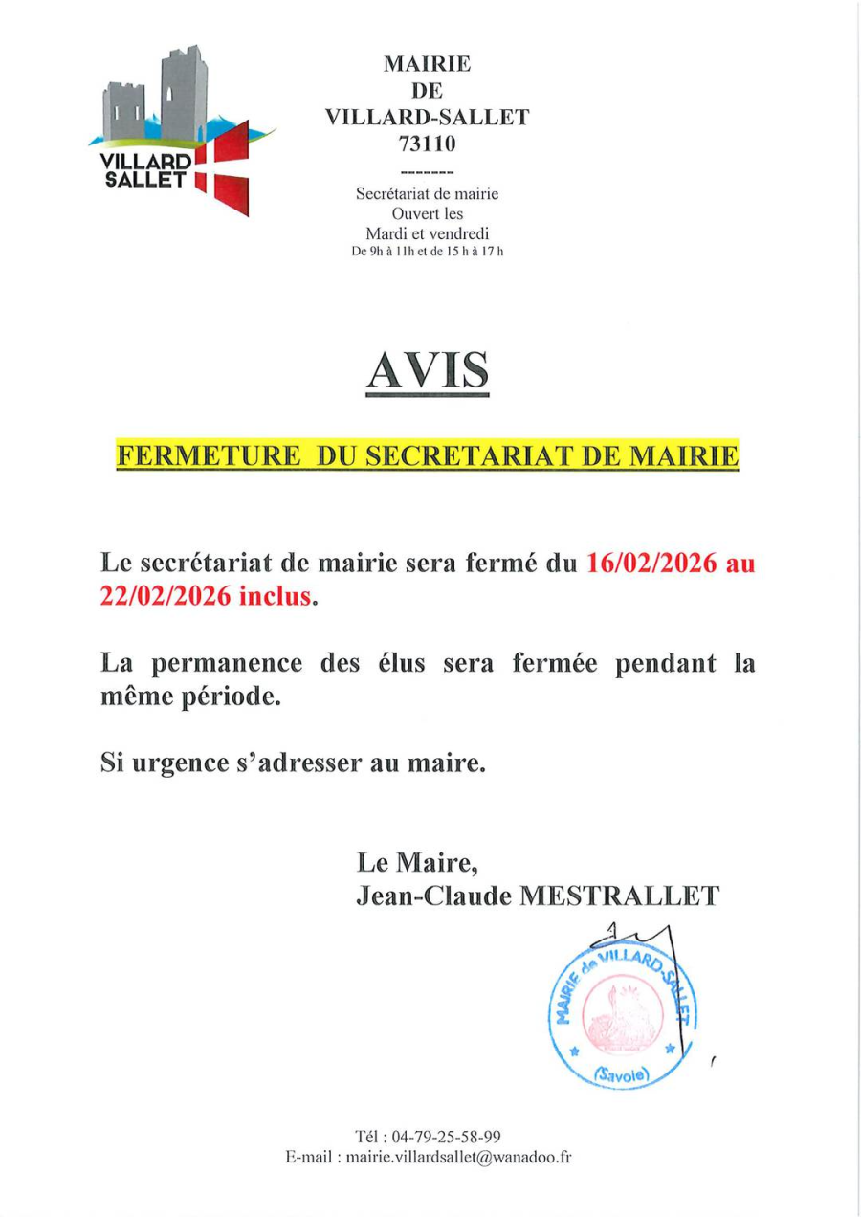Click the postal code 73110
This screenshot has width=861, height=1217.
coord(427,144)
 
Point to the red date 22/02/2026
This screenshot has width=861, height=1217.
coord(164,596)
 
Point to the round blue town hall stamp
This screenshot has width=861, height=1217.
coord(623,1015)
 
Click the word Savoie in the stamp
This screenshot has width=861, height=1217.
coord(621,1074)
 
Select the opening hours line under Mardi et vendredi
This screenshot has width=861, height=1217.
coord(427,252)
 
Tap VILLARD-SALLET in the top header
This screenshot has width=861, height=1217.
coord(427,118)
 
